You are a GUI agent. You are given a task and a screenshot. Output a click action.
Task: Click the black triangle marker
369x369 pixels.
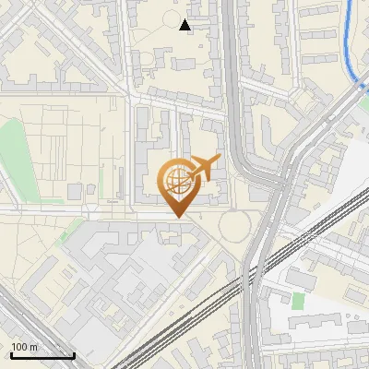click(185, 24)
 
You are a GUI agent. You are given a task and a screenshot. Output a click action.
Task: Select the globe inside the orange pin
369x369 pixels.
click(175, 180)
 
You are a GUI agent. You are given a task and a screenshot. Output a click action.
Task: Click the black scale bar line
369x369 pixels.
click(42, 355)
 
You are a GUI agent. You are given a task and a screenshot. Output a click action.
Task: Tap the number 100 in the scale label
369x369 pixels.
click(19, 347)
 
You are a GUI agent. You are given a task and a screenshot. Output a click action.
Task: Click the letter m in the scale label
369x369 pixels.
click(32, 347)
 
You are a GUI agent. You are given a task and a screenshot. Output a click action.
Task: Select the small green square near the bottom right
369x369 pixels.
click(297, 301)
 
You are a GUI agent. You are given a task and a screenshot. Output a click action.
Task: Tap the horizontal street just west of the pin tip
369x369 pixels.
click(111, 213)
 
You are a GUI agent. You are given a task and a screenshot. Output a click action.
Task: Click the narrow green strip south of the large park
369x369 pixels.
click(70, 232)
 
